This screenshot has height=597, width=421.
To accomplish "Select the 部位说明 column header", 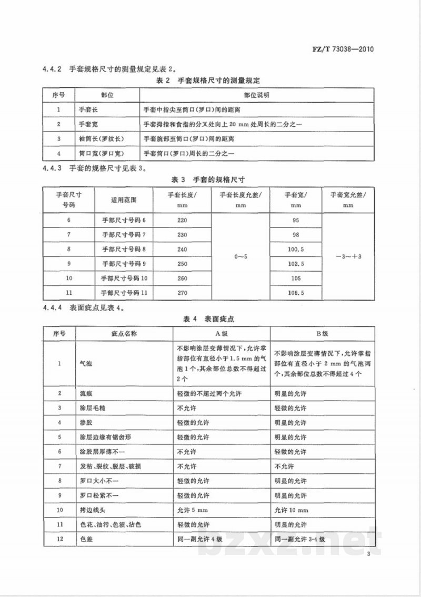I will tap(256, 95).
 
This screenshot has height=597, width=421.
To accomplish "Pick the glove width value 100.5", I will tap(296, 248).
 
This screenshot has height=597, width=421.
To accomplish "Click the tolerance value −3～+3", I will tap(348, 256).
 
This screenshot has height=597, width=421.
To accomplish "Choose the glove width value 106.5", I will tap(296, 292).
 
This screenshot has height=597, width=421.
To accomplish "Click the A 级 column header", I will tap(222, 333).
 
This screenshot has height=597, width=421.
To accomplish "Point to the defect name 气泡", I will tap(85, 364).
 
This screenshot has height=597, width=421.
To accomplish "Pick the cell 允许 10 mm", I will tap(292, 510).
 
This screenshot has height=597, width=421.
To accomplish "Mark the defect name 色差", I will tap(85, 540).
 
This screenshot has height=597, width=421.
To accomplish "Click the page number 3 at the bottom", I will tap(369, 554).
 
